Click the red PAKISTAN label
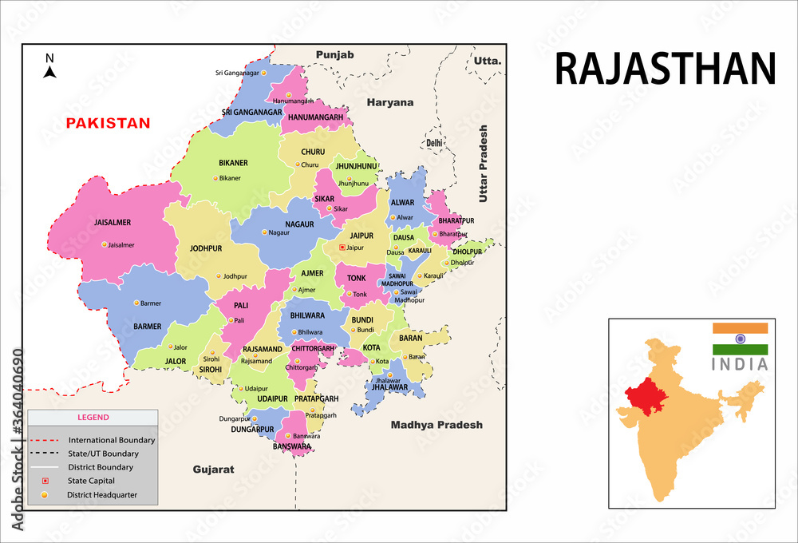point(108,123)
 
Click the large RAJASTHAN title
point(665,69)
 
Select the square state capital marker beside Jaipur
point(342,248)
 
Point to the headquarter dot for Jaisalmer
point(104,244)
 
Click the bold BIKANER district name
point(233,163)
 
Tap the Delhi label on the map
point(434,143)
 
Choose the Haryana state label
point(390,103)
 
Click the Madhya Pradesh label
point(437,425)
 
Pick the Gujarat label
point(214,470)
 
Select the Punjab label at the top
point(334,54)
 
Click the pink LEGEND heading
point(93,417)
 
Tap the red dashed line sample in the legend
point(45,440)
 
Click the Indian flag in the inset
point(740,339)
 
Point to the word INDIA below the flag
point(740,364)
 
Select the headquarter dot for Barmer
point(136,303)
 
